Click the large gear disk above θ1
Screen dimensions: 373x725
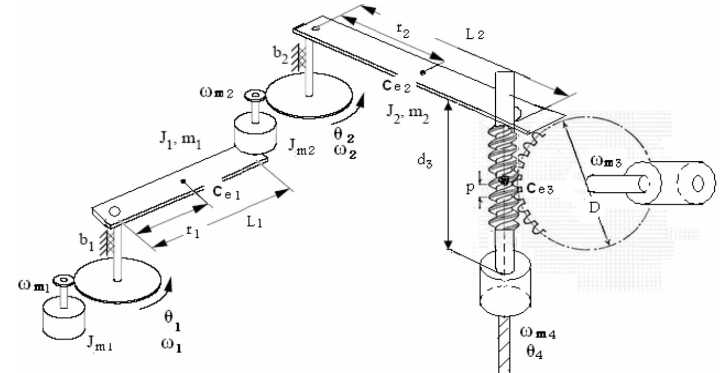(118, 281)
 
